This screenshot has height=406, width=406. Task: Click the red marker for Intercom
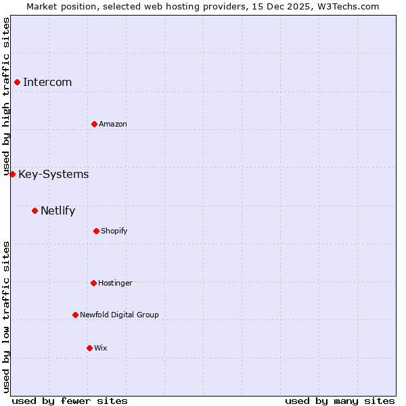pyautogui.click(x=17, y=83)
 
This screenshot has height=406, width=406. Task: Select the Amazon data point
pyautogui.click(x=94, y=124)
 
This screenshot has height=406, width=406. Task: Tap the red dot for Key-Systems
pyautogui.click(x=12, y=174)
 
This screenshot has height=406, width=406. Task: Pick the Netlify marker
pyautogui.click(x=35, y=210)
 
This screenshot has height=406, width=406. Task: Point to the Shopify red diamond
pyautogui.click(x=96, y=231)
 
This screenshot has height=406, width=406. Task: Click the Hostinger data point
pyautogui.click(x=93, y=283)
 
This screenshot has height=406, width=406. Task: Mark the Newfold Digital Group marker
pyautogui.click(x=75, y=315)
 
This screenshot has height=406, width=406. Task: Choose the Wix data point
pyautogui.click(x=89, y=348)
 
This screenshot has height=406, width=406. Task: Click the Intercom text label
pyautogui.click(x=47, y=83)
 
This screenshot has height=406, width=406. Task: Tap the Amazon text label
pyautogui.click(x=113, y=124)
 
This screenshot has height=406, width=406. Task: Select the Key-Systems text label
pyautogui.click(x=53, y=175)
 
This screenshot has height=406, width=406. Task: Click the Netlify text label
pyautogui.click(x=58, y=211)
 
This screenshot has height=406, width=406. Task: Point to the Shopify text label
pyautogui.click(x=114, y=231)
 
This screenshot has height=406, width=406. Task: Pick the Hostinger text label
pyautogui.click(x=115, y=283)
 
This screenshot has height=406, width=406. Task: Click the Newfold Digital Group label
pyautogui.click(x=119, y=315)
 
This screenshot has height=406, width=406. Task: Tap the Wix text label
pyautogui.click(x=101, y=348)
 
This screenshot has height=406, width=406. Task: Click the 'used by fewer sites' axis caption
pyautogui.click(x=70, y=401)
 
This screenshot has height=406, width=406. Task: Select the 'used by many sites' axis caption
pyautogui.click(x=340, y=401)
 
